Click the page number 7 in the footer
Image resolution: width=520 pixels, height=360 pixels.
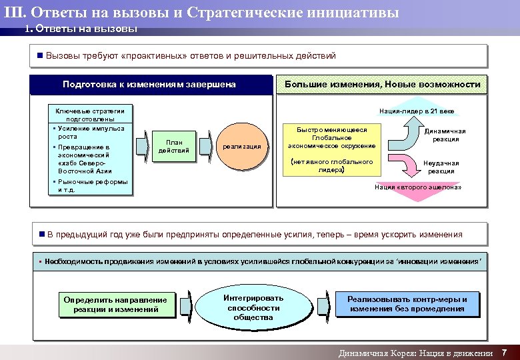[505, 352]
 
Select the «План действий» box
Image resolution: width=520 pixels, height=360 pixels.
[174, 146]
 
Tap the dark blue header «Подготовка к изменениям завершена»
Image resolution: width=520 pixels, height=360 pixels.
[149, 85]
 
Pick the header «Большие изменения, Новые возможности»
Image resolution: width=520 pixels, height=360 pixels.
[382, 85]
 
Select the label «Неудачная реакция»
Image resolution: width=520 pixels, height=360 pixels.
[441, 167]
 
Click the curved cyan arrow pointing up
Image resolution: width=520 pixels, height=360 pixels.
[402, 133]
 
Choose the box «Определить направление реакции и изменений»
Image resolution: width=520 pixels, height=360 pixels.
[115, 304]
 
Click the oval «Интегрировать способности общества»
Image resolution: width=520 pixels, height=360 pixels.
[253, 307]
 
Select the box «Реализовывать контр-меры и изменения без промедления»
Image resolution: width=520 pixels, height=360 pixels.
[408, 304]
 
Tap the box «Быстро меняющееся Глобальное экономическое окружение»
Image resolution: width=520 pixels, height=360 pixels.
[331, 137]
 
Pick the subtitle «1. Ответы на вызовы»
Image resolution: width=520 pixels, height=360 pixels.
[81, 29]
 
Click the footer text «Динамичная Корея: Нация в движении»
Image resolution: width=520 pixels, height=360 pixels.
[415, 353]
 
